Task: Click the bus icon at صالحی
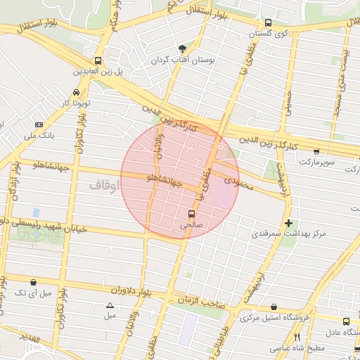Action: point(191,214)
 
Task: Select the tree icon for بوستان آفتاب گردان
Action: point(183,49)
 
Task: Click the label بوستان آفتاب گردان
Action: point(181,61)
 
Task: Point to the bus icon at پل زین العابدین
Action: point(97,60)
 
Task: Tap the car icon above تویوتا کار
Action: point(76,92)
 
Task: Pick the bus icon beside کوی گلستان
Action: point(266,22)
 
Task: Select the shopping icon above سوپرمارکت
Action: point(316,151)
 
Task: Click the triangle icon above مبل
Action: point(110,305)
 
